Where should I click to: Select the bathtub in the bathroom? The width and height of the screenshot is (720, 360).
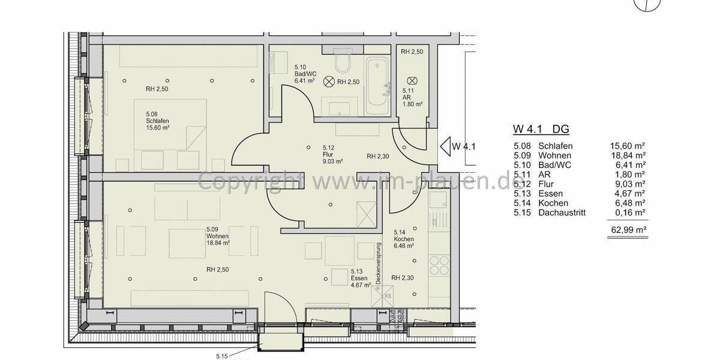click(x=377, y=88)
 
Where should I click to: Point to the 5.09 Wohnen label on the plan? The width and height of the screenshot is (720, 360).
click(x=218, y=236)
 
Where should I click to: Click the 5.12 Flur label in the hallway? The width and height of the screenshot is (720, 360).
click(x=332, y=154)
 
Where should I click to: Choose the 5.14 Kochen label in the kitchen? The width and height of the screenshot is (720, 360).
click(x=404, y=239)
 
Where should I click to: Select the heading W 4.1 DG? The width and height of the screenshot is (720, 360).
click(x=540, y=129)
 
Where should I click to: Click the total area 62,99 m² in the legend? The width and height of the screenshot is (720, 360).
click(x=628, y=229)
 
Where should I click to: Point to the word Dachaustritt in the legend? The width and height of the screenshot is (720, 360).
click(x=562, y=212)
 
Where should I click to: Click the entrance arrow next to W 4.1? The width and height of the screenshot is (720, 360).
click(x=445, y=146)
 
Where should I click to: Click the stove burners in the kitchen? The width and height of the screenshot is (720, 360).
click(x=438, y=265)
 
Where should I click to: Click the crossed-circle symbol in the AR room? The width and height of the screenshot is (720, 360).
click(x=412, y=80)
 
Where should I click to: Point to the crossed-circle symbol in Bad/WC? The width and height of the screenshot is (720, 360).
click(x=329, y=82)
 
